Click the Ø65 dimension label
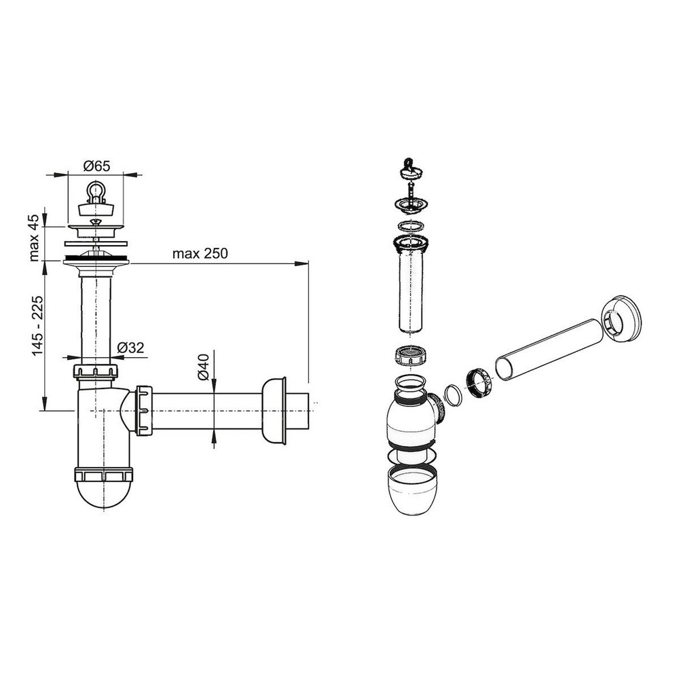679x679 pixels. tap(97, 166)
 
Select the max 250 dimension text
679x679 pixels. tap(200, 253)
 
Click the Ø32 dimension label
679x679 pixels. tap(131, 347)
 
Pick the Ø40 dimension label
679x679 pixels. tap(203, 367)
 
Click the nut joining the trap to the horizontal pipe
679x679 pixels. tap(144, 409)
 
